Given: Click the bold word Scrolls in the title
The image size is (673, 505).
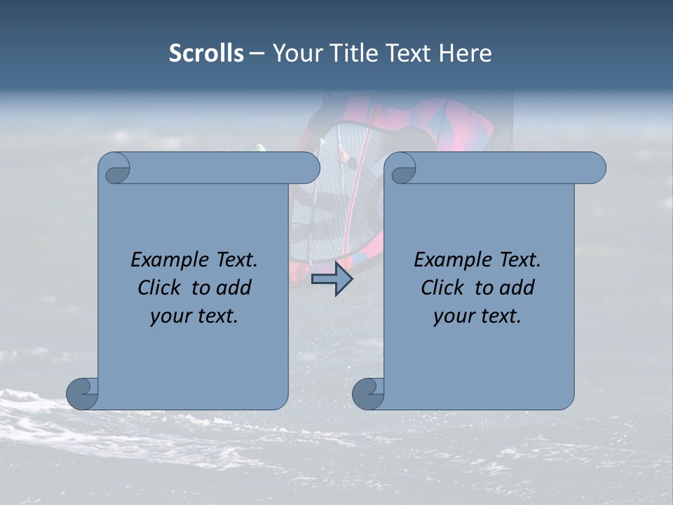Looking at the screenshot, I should (x=206, y=53).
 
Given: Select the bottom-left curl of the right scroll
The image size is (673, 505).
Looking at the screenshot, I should (x=369, y=393).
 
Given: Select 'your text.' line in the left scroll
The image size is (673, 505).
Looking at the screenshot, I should (x=194, y=316).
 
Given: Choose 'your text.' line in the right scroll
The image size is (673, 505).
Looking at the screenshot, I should (x=477, y=316).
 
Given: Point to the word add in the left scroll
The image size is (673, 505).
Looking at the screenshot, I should (x=234, y=288).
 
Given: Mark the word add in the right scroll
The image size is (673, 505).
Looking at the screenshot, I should (x=517, y=288).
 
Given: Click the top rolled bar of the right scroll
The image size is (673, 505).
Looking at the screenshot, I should (x=505, y=168).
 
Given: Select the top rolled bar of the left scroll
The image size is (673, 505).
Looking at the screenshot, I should (x=221, y=168).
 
